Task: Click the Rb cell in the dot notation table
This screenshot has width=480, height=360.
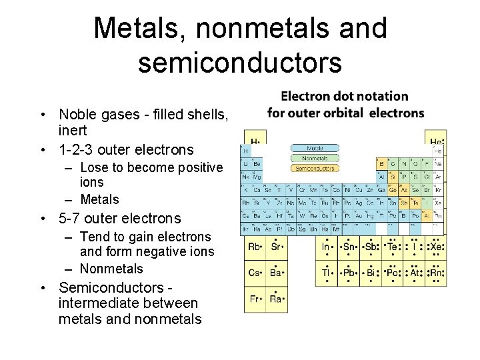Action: (x=255, y=247)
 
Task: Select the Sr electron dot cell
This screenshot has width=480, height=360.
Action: (x=276, y=247)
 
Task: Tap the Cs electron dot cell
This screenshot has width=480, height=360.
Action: (x=255, y=273)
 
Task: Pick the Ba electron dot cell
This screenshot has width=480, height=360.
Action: (x=276, y=273)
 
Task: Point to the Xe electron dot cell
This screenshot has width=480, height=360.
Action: (x=435, y=247)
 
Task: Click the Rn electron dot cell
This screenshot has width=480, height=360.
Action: (x=435, y=273)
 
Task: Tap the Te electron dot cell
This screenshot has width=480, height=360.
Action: (x=391, y=247)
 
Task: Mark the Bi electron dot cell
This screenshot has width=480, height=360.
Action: (x=370, y=273)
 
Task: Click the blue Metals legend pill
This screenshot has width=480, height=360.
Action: (x=315, y=148)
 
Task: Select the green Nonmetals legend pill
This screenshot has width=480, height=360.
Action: (x=315, y=158)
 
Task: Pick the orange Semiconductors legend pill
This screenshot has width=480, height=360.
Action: (x=315, y=168)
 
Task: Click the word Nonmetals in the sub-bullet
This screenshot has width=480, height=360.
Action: (x=111, y=269)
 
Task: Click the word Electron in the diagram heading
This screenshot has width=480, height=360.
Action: (x=307, y=96)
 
